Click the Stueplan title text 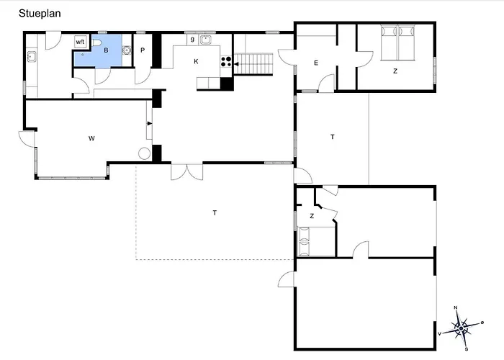(x=40, y=14)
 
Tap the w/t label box (x=80, y=42)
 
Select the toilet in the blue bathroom (x=96, y=42)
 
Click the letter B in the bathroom (x=106, y=50)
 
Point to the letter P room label (x=143, y=50)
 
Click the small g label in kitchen (x=192, y=39)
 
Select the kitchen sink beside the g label (x=205, y=40)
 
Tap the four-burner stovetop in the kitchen (x=226, y=61)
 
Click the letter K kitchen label (x=196, y=61)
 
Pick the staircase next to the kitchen (x=253, y=64)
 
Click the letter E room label (x=316, y=63)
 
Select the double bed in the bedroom (x=398, y=42)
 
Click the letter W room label (x=91, y=138)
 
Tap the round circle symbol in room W (x=144, y=153)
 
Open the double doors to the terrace (x=186, y=172)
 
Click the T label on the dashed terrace (x=215, y=213)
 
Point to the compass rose (x=461, y=328)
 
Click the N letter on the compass (x=456, y=307)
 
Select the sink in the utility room (x=31, y=57)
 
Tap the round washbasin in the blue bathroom (x=126, y=50)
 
